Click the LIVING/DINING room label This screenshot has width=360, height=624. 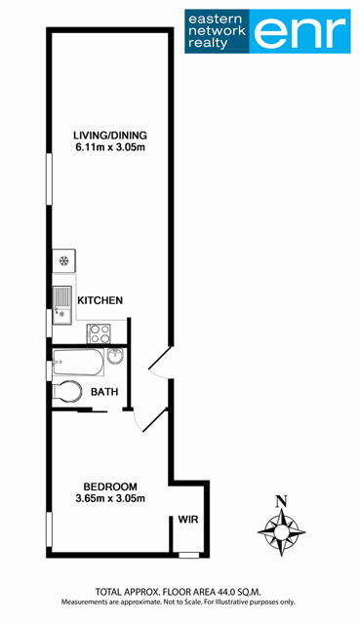pos(110,136)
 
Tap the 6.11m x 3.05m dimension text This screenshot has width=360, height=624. pos(110,147)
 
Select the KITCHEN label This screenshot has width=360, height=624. pos(100,300)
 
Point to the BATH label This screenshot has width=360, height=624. pos(104,392)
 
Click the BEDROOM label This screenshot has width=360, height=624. pos(110,487)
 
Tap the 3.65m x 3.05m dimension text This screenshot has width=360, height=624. pos(110,498)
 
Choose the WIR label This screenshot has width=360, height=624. pos(188,520)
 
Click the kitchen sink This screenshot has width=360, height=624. pos(62,305)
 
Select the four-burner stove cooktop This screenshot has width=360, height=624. pos(99,333)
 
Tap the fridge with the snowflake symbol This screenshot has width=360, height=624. pos(63,261)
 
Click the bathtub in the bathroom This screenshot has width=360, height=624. pos(78,362)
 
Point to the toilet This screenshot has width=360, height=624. pos(66,392)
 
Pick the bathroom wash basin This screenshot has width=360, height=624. pos(115,355)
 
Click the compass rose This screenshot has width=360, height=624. pos(282,531)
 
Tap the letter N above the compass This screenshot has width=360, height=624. pos(282,501)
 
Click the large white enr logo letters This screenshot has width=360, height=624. pos(300,31)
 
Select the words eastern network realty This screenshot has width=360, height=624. pos(217,31)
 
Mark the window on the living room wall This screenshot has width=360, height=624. pos(50,179)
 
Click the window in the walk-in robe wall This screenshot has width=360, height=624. pos(188,555)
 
